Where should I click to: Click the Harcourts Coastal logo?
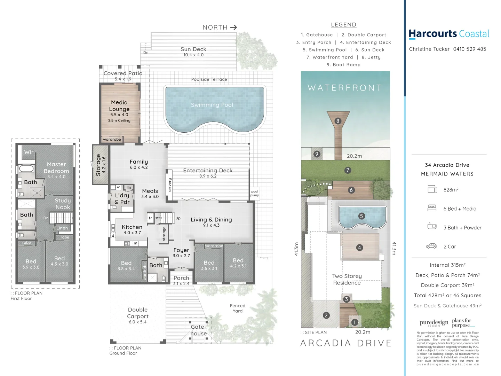click(449, 34)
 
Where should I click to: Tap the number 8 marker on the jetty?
click(337, 121)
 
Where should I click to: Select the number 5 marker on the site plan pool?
click(361, 216)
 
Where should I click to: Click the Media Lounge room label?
click(119, 105)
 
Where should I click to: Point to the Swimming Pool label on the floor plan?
click(212, 105)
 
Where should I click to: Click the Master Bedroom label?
click(56, 168)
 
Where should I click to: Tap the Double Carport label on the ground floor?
click(138, 313)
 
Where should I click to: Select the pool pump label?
click(255, 193)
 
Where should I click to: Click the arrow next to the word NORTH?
click(233, 27)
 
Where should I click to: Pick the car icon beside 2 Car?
click(431, 246)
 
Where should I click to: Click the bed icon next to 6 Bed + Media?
click(432, 208)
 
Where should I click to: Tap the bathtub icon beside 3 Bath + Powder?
click(432, 226)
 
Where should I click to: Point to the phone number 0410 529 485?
click(470, 49)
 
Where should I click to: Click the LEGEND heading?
click(343, 25)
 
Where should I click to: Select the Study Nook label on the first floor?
click(63, 204)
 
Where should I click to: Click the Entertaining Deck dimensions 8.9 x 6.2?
click(208, 176)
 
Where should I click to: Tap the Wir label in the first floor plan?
click(29, 152)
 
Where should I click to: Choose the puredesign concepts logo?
click(434, 323)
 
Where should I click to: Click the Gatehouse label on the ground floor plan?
click(198, 330)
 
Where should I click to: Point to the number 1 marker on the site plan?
click(355, 322)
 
